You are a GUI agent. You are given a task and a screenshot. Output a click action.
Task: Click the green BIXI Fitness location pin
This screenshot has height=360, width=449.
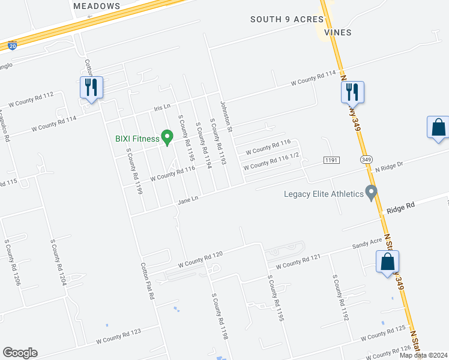(167, 138)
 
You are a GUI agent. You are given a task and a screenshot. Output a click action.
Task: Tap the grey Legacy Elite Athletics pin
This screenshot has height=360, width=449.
(372, 193)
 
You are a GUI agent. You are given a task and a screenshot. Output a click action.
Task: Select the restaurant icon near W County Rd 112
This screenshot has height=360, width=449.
(91, 88)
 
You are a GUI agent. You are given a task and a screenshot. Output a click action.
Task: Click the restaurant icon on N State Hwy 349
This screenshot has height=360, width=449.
(352, 92)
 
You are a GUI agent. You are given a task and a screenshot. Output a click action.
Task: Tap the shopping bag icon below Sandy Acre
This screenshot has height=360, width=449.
(388, 262)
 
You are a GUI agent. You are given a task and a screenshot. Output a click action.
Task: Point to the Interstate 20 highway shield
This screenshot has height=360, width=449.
(13, 45)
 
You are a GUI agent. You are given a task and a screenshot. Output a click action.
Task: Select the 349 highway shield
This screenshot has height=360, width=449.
(366, 160)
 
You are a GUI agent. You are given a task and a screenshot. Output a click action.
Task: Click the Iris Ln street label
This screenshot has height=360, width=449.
(162, 106)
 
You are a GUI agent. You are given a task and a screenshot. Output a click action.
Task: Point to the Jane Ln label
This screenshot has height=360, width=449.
(188, 200)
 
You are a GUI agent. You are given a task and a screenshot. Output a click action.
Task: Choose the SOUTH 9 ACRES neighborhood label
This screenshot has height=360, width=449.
(287, 19)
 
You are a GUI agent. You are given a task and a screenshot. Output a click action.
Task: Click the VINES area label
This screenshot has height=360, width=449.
(337, 32)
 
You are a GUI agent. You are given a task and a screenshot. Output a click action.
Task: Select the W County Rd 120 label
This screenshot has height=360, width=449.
(200, 259)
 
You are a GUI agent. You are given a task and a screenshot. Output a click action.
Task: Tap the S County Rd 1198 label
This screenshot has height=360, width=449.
(219, 316)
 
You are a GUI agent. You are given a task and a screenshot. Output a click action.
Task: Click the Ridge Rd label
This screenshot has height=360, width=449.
(401, 210)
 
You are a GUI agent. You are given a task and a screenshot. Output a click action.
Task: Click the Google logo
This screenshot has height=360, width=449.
(20, 353)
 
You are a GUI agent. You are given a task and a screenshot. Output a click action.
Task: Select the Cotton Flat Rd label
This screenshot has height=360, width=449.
(148, 281)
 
